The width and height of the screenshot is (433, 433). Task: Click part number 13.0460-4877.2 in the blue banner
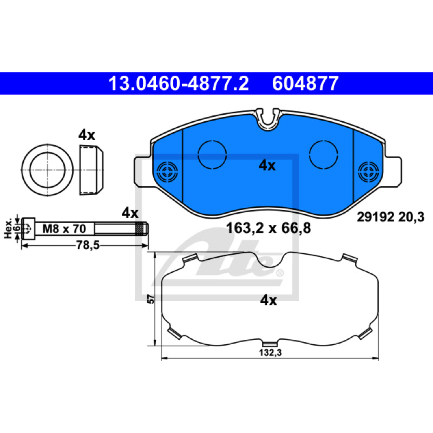179,84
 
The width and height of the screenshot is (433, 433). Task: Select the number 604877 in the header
305,84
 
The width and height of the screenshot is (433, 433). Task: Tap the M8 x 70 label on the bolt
64,228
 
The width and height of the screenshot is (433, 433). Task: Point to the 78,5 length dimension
88,245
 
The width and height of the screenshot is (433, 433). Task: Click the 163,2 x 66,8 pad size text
268,228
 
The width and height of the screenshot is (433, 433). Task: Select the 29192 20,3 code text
390,218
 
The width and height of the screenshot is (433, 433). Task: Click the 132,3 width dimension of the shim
270,353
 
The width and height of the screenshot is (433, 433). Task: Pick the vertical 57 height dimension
151,299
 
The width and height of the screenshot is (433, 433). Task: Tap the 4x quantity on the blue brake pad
267,166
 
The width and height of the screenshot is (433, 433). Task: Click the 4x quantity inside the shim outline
268,300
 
